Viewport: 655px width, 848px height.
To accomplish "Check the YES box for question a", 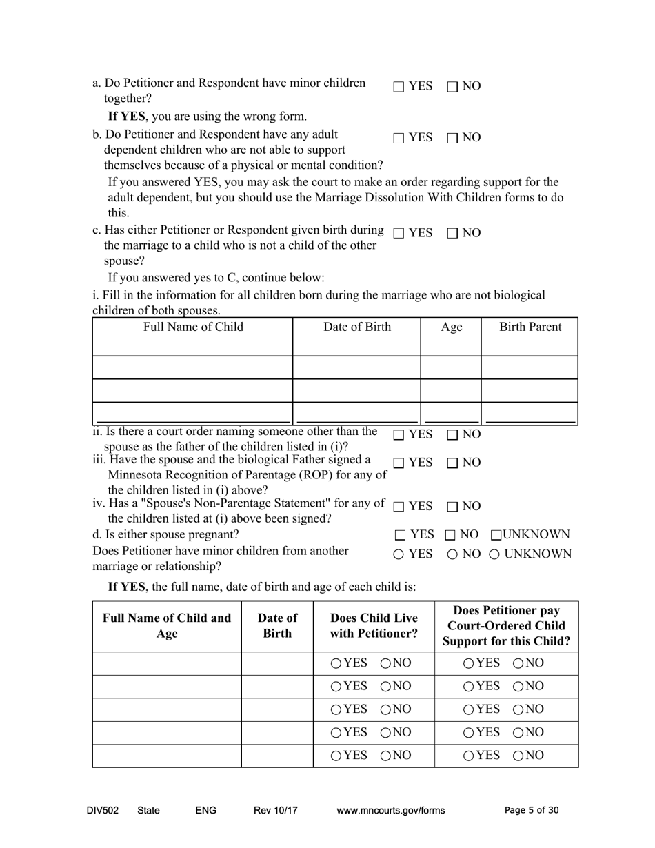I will coord(399,87).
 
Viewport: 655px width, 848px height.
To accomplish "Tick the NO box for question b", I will coord(453,138).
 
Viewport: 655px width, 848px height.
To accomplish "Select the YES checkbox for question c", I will coord(399,234).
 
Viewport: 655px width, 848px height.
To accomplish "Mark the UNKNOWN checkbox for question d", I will coord(496,535).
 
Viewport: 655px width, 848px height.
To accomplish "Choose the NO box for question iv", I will coord(453,507).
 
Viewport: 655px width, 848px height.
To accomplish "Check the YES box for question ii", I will coord(399,435).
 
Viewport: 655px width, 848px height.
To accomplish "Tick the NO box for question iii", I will coord(453,463).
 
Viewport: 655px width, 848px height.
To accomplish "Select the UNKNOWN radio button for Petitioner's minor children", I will coord(495,554).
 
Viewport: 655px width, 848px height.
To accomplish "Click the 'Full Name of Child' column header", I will coord(193,327).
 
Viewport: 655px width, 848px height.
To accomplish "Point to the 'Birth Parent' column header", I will coord(530,327).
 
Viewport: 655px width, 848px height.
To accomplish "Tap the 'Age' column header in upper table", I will coord(451,327).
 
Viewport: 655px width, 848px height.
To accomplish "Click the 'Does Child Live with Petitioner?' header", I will coord(374,625).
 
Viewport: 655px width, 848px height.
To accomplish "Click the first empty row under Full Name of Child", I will coord(192,367).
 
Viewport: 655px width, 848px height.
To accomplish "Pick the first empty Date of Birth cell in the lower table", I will coord(277,663).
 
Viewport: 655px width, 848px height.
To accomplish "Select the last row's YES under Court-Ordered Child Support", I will coord(469,756).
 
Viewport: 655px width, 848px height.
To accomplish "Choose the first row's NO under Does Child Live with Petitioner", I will coord(386,663).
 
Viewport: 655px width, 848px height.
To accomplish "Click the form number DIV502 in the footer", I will coord(103,811).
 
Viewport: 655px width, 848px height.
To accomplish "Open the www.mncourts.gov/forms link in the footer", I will coord(390,811).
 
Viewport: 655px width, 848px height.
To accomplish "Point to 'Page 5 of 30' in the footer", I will coord(532,811).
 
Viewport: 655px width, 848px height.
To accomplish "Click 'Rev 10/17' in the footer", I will coord(275,811).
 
